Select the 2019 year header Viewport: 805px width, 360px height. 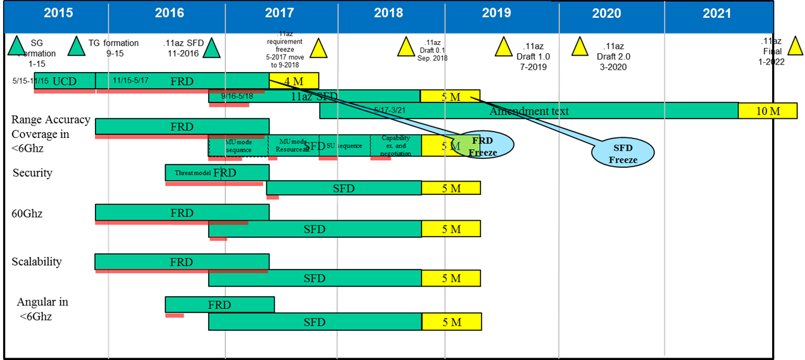click(x=497, y=13)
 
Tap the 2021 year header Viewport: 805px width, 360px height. click(x=716, y=13)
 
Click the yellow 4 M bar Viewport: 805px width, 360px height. click(x=294, y=80)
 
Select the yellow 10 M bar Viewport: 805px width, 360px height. click(x=767, y=111)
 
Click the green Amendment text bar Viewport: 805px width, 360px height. click(x=528, y=111)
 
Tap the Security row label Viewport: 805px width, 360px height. click(x=32, y=173)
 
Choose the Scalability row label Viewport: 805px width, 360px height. click(x=37, y=262)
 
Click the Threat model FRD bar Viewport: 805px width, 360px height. click(x=217, y=172)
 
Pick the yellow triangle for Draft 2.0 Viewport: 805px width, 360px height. click(x=580, y=47)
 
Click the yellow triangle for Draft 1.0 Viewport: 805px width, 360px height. click(x=504, y=46)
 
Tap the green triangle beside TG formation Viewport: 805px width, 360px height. click(x=77, y=46)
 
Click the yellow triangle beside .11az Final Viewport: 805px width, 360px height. click(x=795, y=46)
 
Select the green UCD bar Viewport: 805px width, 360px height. click(x=65, y=81)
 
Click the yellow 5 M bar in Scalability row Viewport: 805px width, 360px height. click(x=451, y=278)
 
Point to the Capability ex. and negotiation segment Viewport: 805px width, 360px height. click(x=396, y=146)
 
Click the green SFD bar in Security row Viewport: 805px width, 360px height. click(x=344, y=188)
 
